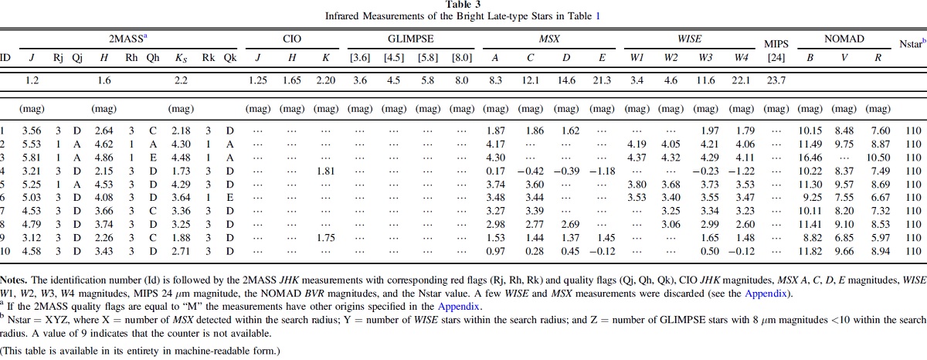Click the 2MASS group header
(127, 39)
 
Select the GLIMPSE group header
(410, 39)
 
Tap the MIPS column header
(776, 44)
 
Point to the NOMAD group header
(844, 39)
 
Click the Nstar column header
(912, 43)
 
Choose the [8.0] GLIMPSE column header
(461, 57)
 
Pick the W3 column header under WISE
(705, 57)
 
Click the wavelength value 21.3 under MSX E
(602, 80)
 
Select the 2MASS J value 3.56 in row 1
(32, 131)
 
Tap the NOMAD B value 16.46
(810, 158)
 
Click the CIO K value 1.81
(326, 171)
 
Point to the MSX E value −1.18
(602, 171)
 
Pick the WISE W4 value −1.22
(741, 171)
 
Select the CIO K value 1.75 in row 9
(326, 237)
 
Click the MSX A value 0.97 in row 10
(495, 251)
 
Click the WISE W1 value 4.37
(637, 158)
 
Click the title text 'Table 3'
(463, 5)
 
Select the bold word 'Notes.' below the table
(14, 280)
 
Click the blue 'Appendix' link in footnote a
(458, 307)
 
